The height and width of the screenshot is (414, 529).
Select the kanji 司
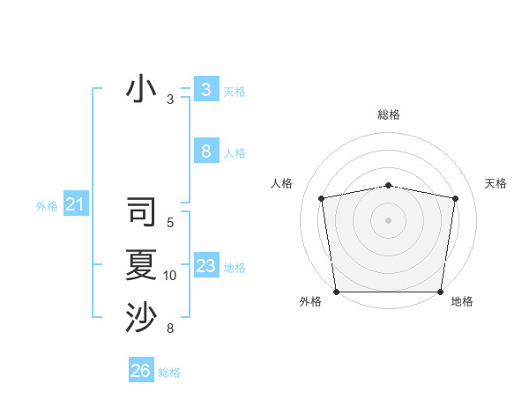tap(142, 213)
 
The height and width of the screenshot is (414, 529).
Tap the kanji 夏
tap(142, 265)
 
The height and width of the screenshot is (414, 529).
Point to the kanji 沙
tap(142, 317)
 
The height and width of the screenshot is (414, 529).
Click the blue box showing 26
tap(141, 371)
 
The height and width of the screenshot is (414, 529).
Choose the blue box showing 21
tap(75, 205)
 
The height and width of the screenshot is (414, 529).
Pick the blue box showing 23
tap(205, 266)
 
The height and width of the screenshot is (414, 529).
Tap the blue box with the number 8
tap(205, 152)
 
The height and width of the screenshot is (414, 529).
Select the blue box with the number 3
tap(205, 89)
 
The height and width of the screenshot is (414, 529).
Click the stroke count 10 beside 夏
tap(170, 276)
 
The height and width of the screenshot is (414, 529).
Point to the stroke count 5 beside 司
tap(170, 223)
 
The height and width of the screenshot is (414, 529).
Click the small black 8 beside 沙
tap(170, 329)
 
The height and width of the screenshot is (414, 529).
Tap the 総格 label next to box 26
tap(169, 373)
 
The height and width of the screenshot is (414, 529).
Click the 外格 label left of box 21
tap(47, 206)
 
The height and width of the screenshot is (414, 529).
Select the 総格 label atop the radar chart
tap(388, 115)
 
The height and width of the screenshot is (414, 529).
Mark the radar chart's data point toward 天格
tap(455, 198)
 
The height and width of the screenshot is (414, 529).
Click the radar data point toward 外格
tap(336, 292)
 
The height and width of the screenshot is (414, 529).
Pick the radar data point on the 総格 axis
tap(388, 185)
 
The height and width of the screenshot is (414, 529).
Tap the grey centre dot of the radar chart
tap(388, 219)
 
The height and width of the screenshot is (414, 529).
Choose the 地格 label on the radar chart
tap(462, 302)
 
